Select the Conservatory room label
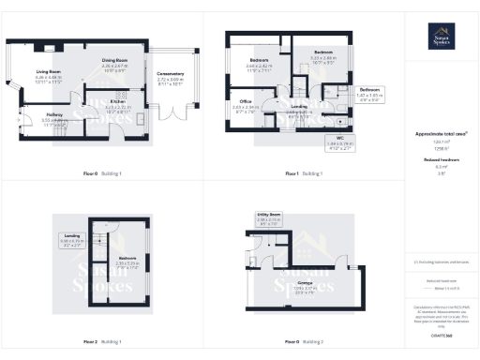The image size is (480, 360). point(169,76)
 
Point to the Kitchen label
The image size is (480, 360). point(117,102)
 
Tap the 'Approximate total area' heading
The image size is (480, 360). point(436,134)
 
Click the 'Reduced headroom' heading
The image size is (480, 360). point(436,160)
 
